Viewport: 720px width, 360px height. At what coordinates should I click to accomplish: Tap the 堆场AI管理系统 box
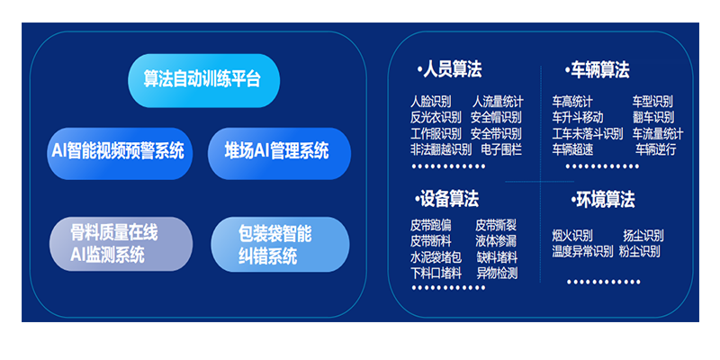(276, 150)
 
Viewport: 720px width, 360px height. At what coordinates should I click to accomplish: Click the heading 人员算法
(450, 69)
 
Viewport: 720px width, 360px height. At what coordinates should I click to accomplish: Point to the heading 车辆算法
(598, 69)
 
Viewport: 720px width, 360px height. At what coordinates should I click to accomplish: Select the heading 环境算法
(601, 199)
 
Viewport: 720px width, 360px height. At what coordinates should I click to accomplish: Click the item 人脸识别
(430, 102)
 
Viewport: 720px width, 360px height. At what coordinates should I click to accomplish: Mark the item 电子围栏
(501, 149)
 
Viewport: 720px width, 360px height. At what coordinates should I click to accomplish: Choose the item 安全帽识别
(496, 117)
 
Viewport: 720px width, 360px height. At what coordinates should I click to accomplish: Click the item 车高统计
(572, 102)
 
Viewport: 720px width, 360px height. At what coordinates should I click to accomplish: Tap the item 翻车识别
(652, 117)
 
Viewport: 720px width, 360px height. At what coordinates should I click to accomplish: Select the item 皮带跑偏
(431, 225)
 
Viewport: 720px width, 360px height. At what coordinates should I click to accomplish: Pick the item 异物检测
(497, 273)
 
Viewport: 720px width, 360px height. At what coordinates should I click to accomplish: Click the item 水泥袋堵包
(436, 256)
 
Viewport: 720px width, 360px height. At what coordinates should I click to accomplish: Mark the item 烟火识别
(572, 236)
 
